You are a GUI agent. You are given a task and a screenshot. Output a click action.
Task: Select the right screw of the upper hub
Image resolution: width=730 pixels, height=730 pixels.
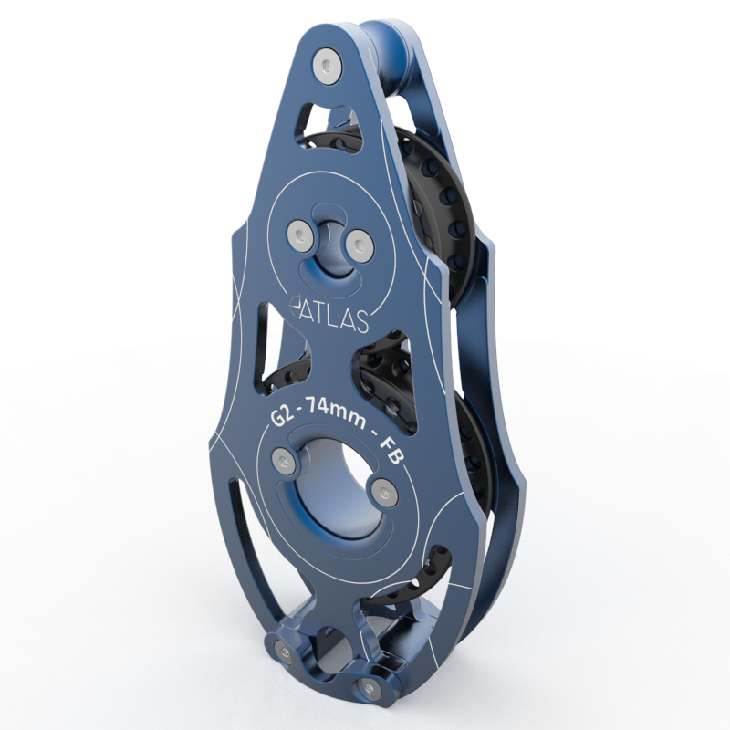(357, 243)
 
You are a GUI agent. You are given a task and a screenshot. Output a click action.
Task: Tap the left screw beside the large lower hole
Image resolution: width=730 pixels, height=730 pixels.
(282, 460)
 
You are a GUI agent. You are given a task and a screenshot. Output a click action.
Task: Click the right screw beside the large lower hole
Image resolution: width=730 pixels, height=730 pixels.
(386, 494)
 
